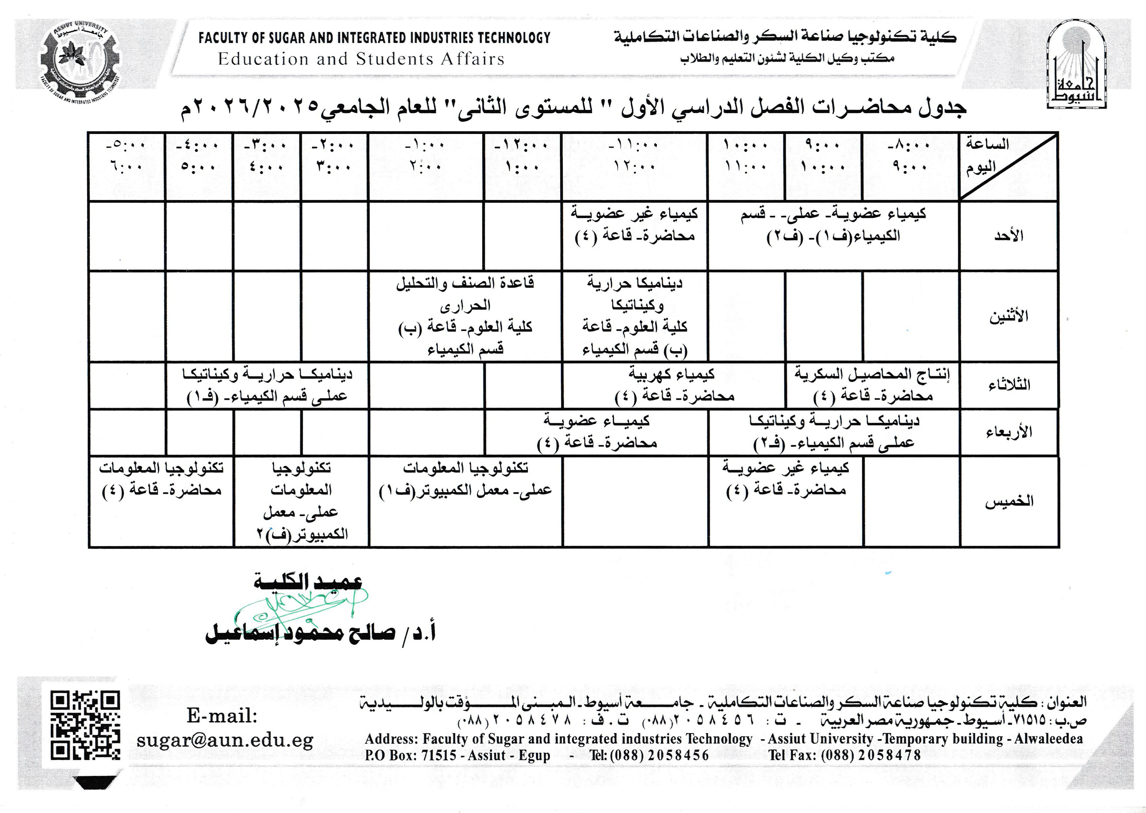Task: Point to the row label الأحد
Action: [1008, 236]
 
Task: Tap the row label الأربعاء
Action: [1009, 432]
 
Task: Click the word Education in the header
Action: [263, 59]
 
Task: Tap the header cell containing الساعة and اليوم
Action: [1008, 167]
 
